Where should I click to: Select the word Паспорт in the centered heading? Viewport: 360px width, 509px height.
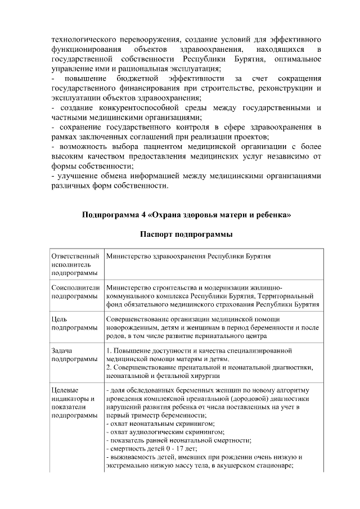[159, 233]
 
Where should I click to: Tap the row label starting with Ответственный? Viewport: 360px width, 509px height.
[75, 256]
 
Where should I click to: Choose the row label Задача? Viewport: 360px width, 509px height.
[61, 350]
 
